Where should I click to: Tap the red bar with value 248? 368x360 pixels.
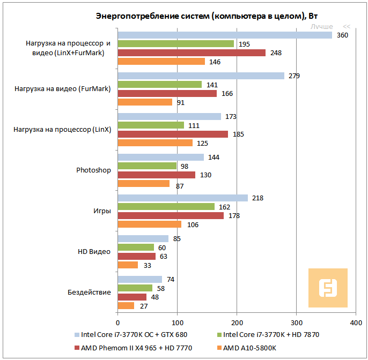[x=191, y=52]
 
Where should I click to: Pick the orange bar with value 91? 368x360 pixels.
[x=144, y=102]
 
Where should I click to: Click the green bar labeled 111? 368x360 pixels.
[x=150, y=125]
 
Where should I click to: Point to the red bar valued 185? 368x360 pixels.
[x=172, y=134]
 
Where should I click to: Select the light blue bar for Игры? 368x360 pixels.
[x=182, y=198]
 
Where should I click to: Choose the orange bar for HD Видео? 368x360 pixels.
[x=127, y=265]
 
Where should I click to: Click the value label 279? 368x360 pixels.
[x=294, y=76]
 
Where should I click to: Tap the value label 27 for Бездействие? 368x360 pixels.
[x=143, y=306]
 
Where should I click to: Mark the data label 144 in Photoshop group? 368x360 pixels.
[x=214, y=157]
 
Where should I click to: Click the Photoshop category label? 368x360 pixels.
[x=93, y=170]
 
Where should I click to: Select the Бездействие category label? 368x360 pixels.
[x=89, y=292]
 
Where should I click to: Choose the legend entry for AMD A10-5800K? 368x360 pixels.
[x=249, y=349]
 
